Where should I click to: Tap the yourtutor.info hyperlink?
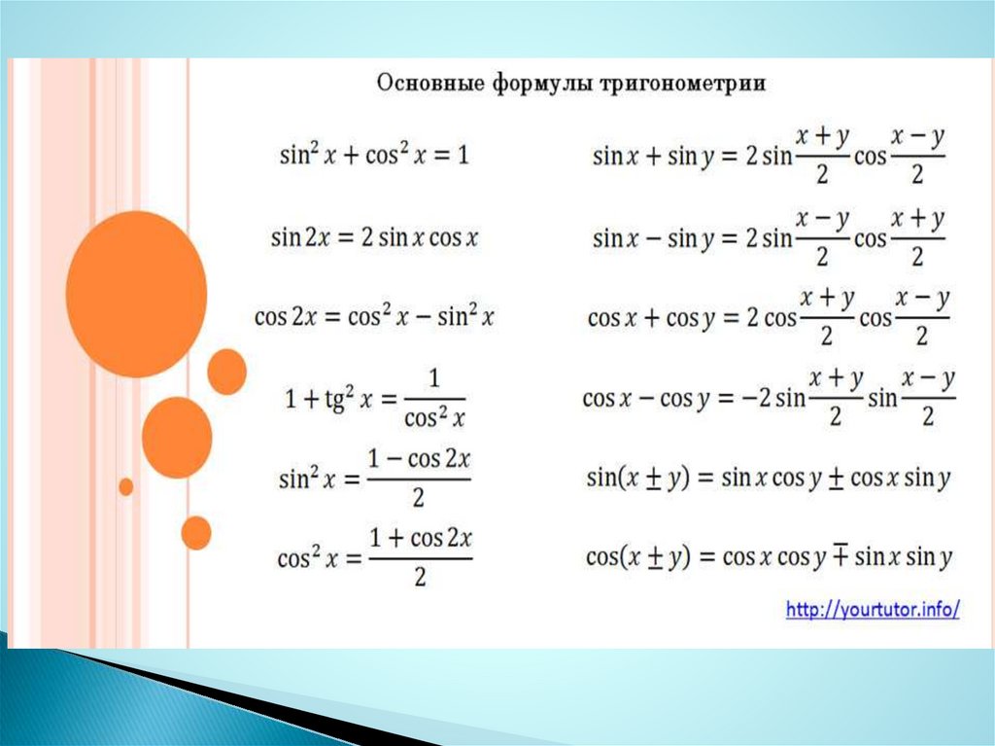[873, 610]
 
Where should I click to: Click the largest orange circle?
[136, 294]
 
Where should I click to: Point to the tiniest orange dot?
[126, 486]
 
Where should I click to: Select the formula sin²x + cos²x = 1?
[374, 155]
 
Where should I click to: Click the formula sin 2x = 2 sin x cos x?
[374, 238]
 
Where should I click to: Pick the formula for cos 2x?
[374, 316]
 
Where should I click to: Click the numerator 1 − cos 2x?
[419, 459]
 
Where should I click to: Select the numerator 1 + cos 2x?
[420, 538]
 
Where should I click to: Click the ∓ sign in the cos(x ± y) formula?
[841, 555]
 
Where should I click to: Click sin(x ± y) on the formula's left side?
[637, 478]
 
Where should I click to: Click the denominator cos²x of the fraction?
[434, 417]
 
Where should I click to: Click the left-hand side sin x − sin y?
[654, 239]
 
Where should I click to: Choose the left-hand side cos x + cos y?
[651, 318]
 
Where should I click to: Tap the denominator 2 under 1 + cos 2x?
[420, 577]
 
